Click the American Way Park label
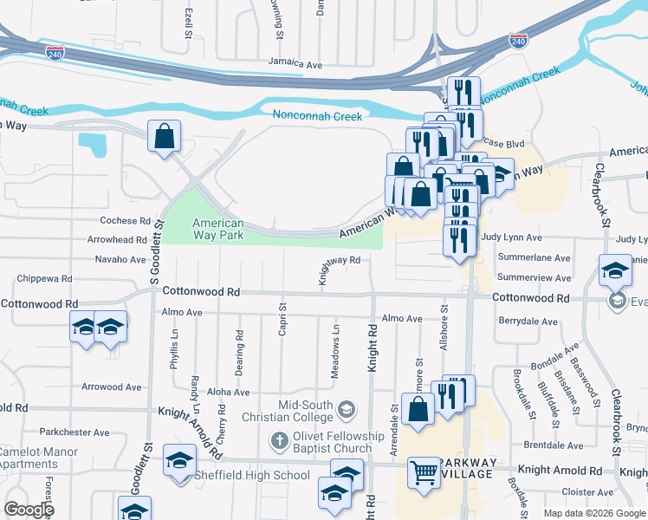[217, 229]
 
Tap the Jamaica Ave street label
[295, 64]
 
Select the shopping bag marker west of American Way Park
[164, 136]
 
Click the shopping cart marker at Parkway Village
[424, 473]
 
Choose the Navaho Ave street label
[120, 259]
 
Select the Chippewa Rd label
[46, 279]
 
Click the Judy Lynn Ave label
[511, 237]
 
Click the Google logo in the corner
[29, 510]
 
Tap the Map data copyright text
[595, 513]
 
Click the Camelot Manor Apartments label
[39, 458]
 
